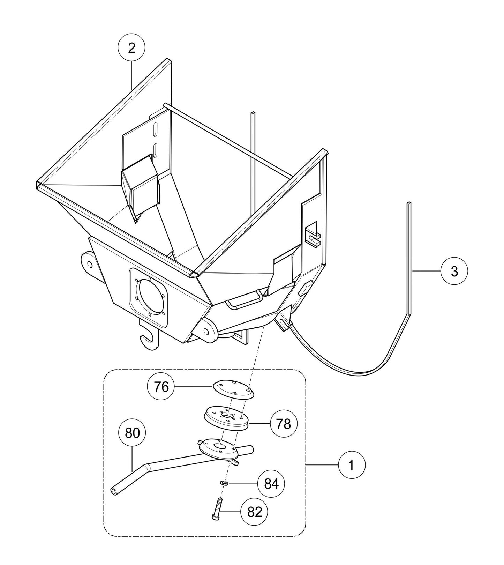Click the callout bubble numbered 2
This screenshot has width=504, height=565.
point(131,48)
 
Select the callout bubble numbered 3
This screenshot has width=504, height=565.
point(454,271)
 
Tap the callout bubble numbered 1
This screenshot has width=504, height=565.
point(351,465)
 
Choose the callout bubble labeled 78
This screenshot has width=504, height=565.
point(283,424)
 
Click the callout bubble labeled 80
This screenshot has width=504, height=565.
point(132,433)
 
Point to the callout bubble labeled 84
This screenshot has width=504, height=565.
point(271,484)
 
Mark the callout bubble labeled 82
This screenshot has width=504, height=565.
point(254,512)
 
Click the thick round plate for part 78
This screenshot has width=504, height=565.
point(226,418)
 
